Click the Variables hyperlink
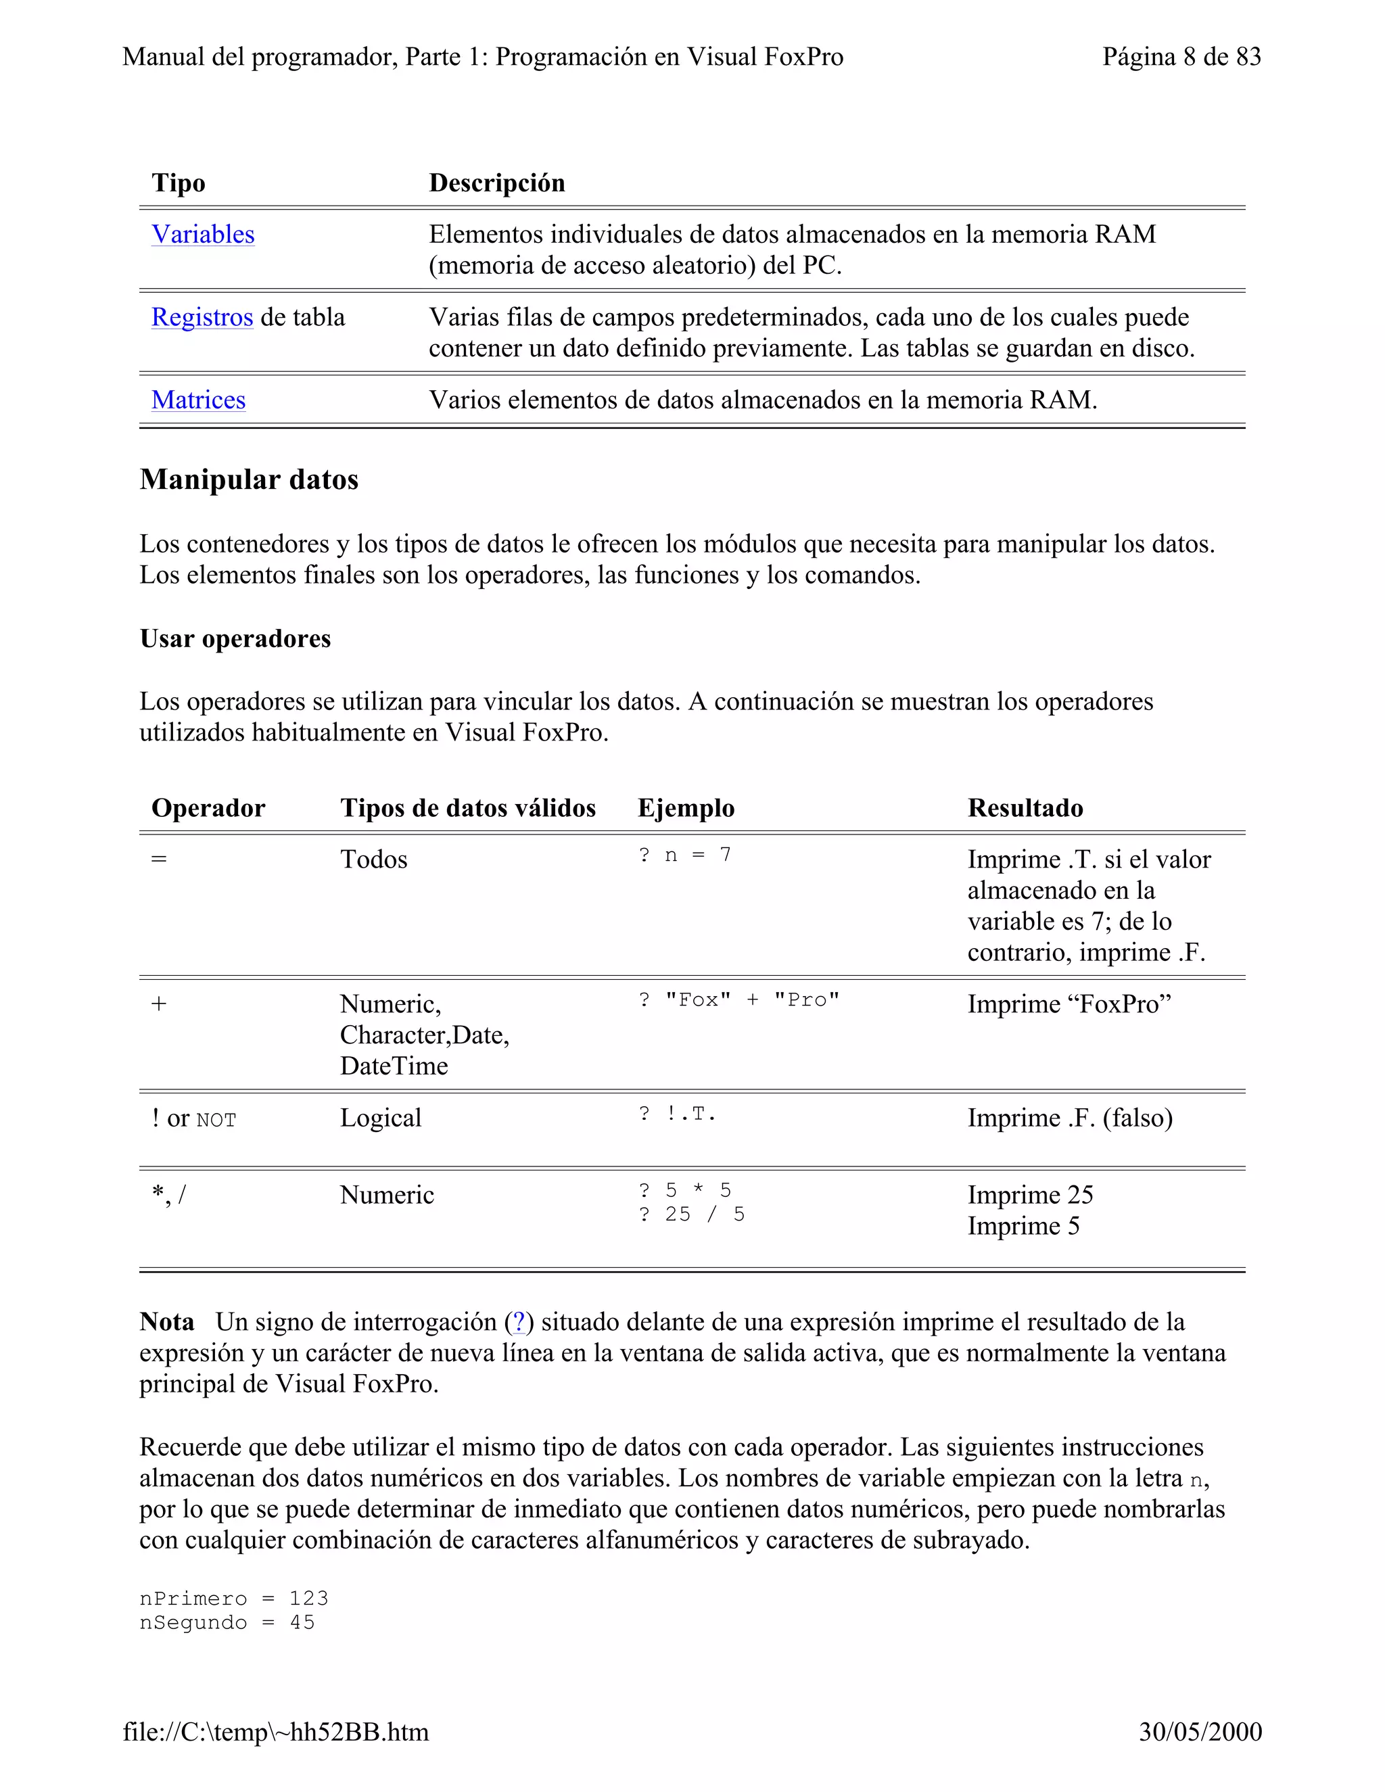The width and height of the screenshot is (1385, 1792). pos(203,235)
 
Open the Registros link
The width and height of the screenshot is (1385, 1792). pos(202,318)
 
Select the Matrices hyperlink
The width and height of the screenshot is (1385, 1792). pos(199,400)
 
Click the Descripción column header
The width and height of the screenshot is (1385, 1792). pos(496,183)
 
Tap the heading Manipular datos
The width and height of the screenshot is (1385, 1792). pos(249,480)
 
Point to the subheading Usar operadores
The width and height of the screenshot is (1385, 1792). pos(235,639)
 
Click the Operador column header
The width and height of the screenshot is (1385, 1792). pos(208,808)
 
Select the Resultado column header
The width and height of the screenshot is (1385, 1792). pos(1025,808)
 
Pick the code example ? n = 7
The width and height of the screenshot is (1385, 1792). pos(684,856)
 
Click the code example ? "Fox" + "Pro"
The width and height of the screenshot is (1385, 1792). pos(738,1000)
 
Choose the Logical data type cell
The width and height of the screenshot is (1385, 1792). pos(381,1118)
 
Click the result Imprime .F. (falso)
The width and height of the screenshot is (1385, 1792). pos(1069,1118)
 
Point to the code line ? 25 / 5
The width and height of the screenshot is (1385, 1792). pos(691,1215)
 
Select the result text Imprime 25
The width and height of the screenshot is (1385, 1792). pos(1030,1196)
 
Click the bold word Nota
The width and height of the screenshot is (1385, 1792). pos(166,1322)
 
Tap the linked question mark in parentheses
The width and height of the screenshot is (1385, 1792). pos(518,1322)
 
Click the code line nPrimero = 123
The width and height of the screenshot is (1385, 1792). pos(234,1599)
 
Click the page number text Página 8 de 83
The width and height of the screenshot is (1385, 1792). pos(1181,57)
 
